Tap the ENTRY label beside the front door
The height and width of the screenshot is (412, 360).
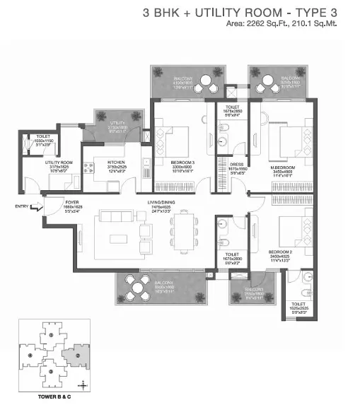(21, 206)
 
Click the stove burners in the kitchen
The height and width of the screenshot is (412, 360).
(91, 170)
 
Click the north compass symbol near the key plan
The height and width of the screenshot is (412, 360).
(83, 384)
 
